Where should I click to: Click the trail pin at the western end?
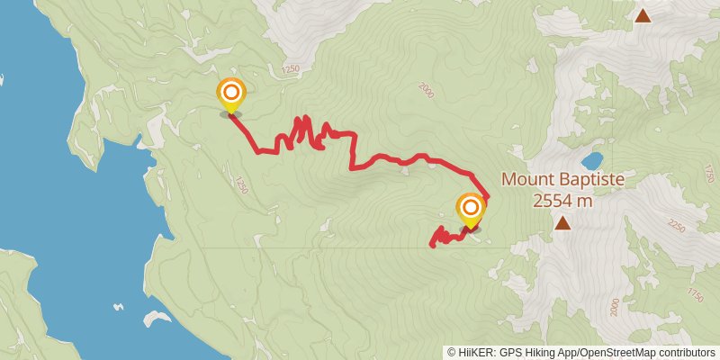[x=231, y=94]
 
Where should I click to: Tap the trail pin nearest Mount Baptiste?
[x=470, y=211]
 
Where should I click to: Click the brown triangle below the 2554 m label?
[x=562, y=222]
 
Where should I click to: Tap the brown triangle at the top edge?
[x=643, y=15]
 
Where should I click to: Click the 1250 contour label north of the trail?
[x=290, y=69]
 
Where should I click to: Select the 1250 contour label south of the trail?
[x=240, y=184]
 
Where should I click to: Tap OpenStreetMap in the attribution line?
[x=621, y=353]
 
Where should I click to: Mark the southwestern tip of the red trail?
[x=432, y=245]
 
